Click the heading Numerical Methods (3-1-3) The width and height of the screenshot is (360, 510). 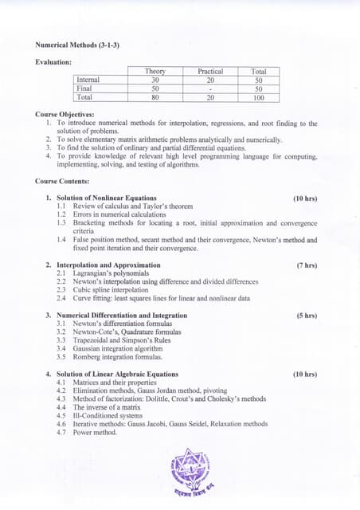(x=77, y=45)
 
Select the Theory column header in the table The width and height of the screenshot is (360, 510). (x=155, y=72)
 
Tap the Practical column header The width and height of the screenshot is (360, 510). (x=210, y=72)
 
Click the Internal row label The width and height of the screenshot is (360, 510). (x=88, y=80)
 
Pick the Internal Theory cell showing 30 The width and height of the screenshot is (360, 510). (x=155, y=80)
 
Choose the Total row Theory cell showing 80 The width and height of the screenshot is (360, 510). (x=155, y=97)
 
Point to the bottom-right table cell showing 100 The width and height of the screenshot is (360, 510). (x=259, y=97)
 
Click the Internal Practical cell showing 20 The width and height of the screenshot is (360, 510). (x=210, y=80)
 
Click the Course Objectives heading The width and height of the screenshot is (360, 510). (x=65, y=115)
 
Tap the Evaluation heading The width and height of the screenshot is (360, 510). (x=54, y=61)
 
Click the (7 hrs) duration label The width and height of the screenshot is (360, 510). (x=307, y=265)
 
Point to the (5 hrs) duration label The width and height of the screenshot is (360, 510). (x=307, y=316)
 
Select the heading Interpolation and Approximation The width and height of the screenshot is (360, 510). (x=108, y=265)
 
